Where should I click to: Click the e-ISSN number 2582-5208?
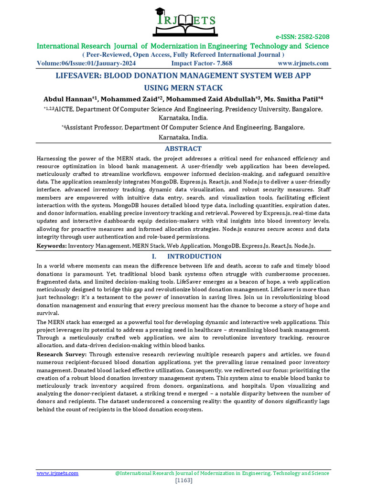pyautogui.click(x=310, y=37)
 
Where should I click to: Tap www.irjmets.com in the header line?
pyautogui.click(x=303, y=64)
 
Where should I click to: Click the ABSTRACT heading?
pyautogui.click(x=183, y=149)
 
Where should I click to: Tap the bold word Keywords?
pyautogui.click(x=52, y=245)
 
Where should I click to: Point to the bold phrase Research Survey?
pyautogui.click(x=62, y=354)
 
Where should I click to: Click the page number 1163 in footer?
pyautogui.click(x=184, y=480)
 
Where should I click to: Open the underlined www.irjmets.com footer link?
pyautogui.click(x=58, y=473)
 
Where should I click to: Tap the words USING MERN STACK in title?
pyautogui.click(x=183, y=88)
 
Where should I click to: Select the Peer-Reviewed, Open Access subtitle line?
pyautogui.click(x=183, y=55)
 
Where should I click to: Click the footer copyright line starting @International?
pyautogui.click(x=222, y=473)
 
